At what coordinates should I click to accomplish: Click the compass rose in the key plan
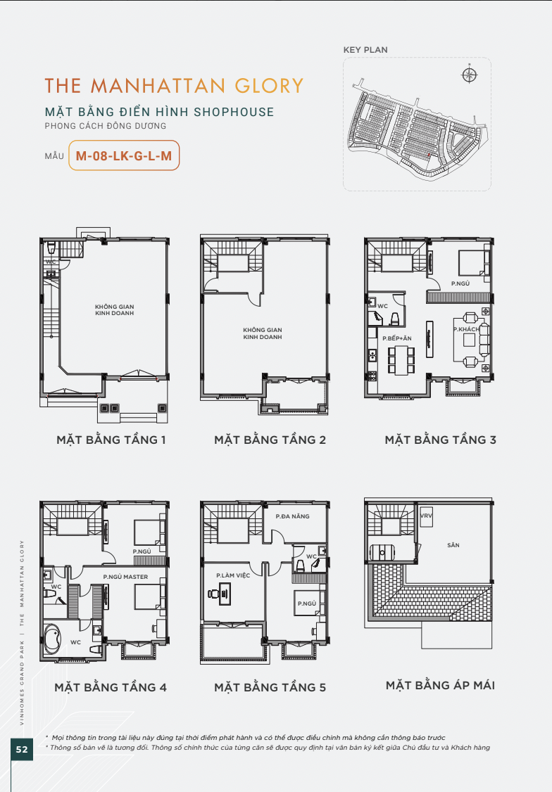pyautogui.click(x=470, y=75)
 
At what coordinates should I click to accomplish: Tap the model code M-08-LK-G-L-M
pyautogui.click(x=124, y=155)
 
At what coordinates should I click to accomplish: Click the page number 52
pyautogui.click(x=22, y=749)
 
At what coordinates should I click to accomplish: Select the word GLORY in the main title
pyautogui.click(x=269, y=86)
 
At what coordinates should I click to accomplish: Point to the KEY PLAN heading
pyautogui.click(x=365, y=49)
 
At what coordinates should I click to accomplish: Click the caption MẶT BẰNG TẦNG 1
pyautogui.click(x=111, y=440)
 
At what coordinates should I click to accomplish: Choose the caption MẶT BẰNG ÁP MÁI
pyautogui.click(x=440, y=685)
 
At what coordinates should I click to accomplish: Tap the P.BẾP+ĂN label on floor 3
pyautogui.click(x=397, y=338)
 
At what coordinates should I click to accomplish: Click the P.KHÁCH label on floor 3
pyautogui.click(x=466, y=328)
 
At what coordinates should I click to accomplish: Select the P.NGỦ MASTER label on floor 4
pyautogui.click(x=125, y=576)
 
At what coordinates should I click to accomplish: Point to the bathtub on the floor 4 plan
pyautogui.click(x=52, y=639)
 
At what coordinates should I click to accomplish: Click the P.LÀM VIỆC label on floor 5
pyautogui.click(x=233, y=575)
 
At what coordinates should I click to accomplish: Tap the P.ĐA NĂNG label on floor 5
pyautogui.click(x=292, y=516)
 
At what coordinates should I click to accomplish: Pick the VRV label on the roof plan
pyautogui.click(x=426, y=516)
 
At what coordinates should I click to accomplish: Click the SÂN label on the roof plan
pyautogui.click(x=453, y=545)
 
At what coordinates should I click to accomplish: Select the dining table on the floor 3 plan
pyautogui.click(x=401, y=360)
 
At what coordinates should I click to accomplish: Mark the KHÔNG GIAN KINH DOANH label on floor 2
pyautogui.click(x=263, y=333)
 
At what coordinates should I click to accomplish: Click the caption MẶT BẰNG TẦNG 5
pyautogui.click(x=270, y=687)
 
